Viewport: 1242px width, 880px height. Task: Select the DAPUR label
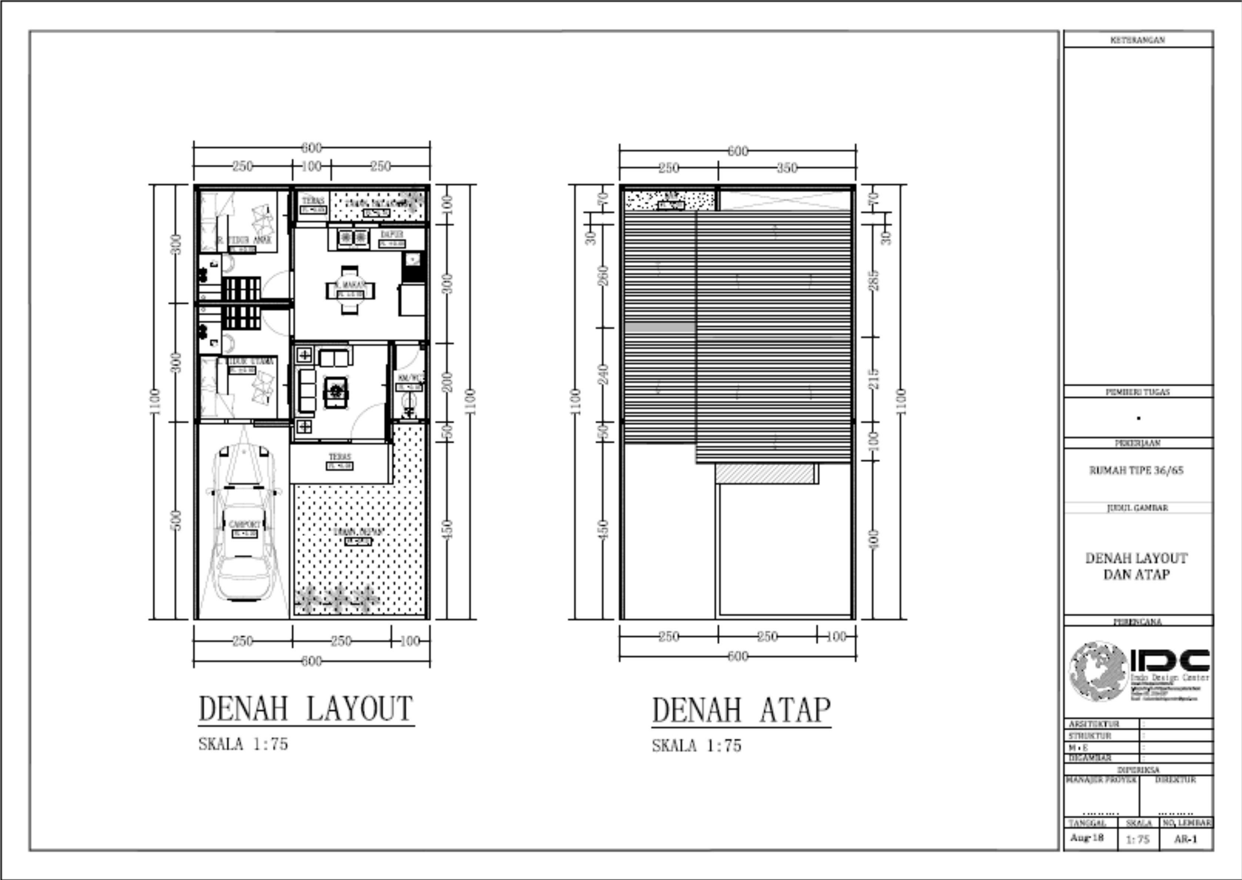click(392, 234)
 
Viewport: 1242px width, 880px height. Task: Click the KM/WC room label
click(409, 378)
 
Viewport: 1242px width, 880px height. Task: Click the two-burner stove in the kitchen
click(353, 237)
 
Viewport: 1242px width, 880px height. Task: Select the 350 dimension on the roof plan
click(786, 168)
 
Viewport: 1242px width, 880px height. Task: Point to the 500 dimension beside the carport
click(176, 520)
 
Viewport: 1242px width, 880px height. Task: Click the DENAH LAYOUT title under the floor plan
click(306, 709)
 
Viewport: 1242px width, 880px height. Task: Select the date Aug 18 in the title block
click(1087, 838)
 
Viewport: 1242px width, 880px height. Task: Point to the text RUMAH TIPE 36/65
click(1136, 470)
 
